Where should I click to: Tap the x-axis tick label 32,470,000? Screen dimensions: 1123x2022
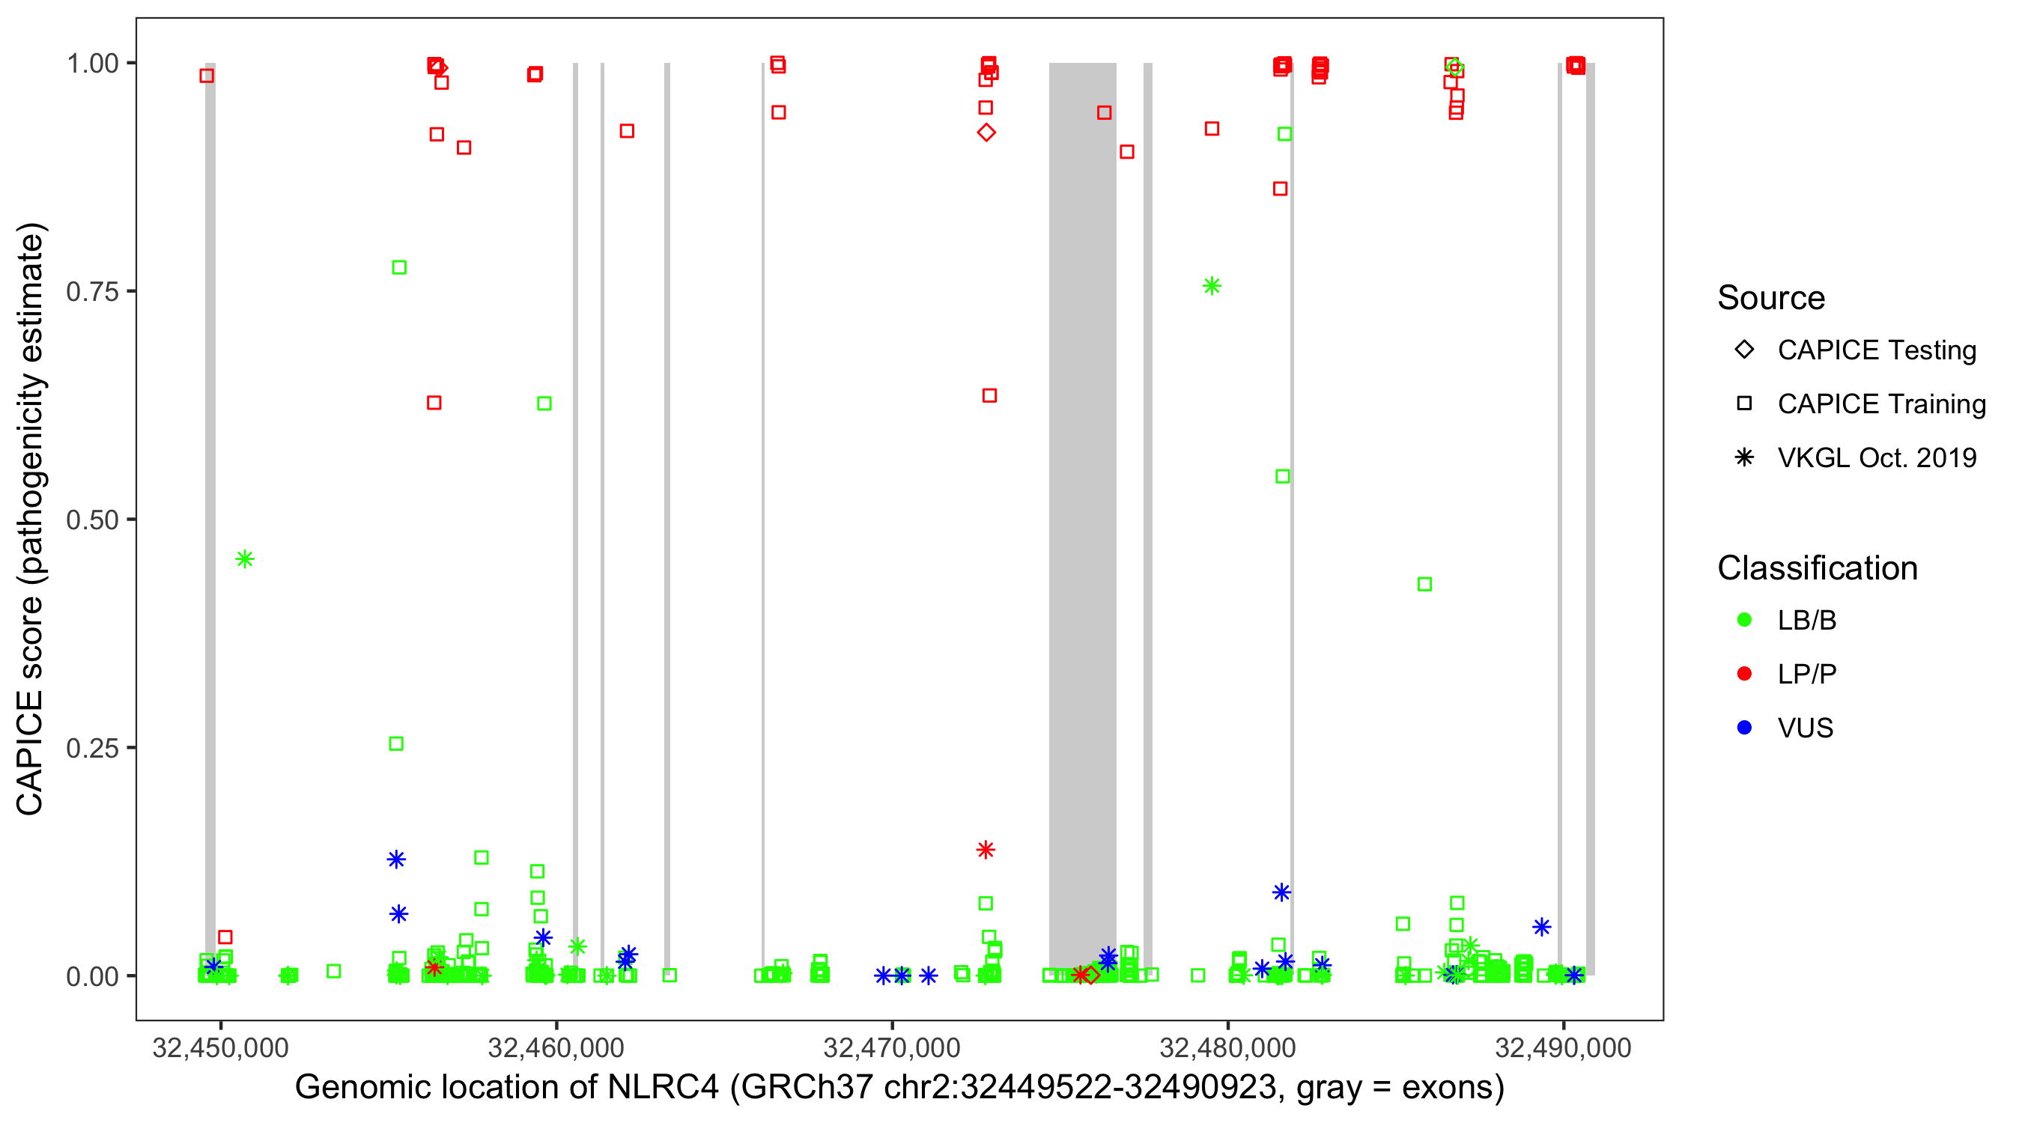(x=892, y=1047)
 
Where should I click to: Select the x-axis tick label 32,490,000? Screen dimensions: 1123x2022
(x=1563, y=1047)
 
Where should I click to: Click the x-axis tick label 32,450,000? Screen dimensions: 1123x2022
(x=221, y=1047)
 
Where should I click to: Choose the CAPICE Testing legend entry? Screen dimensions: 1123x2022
(x=1876, y=350)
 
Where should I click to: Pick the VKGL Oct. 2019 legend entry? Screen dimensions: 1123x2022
(x=1876, y=457)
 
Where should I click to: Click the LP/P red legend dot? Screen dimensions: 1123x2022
(x=1744, y=674)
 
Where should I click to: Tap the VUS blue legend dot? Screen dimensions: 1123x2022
(x=1744, y=728)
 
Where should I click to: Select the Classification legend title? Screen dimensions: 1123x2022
(x=1816, y=567)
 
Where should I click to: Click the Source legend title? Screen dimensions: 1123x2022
(x=1771, y=297)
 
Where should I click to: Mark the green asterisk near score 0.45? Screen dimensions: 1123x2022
(x=245, y=559)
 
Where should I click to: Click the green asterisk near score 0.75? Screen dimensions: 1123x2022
(x=1212, y=286)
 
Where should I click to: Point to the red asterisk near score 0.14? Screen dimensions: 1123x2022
(x=986, y=849)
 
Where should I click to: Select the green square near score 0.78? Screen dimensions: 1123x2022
(x=398, y=267)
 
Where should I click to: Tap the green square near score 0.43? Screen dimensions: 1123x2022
(x=1424, y=584)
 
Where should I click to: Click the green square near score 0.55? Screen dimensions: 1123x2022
(x=1283, y=476)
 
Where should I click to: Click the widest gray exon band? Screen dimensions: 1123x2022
(x=1082, y=471)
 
